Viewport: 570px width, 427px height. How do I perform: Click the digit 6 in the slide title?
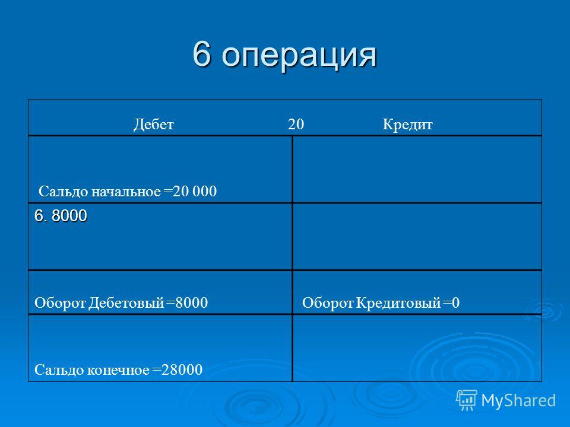[x=202, y=54]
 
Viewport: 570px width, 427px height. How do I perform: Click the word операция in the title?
[x=299, y=57]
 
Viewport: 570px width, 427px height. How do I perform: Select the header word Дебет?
[x=153, y=125]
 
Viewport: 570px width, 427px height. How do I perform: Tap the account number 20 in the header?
[x=296, y=124]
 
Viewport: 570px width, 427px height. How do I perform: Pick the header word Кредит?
[x=407, y=125]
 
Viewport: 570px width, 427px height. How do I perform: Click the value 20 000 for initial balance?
[x=195, y=192]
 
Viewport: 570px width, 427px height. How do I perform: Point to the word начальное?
[x=125, y=192]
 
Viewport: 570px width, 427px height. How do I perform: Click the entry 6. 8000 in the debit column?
[x=61, y=216]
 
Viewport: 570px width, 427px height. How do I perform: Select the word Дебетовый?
[x=126, y=303]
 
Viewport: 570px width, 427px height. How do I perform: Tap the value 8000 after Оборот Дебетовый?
[x=192, y=303]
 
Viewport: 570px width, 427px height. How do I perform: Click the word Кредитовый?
[x=398, y=303]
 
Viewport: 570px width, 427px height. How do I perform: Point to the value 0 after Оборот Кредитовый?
[x=456, y=303]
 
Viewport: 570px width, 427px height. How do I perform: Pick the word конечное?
[x=118, y=370]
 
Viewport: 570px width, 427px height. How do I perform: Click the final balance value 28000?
[x=182, y=369]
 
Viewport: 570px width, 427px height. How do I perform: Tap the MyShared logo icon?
[x=467, y=400]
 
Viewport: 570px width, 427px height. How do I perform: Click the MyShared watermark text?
[x=518, y=400]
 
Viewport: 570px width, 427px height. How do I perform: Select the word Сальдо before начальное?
[x=64, y=192]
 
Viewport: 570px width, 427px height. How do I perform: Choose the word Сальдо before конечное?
[x=59, y=370]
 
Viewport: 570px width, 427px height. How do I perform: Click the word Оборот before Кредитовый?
[x=328, y=303]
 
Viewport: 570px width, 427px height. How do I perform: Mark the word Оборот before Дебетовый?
[x=60, y=303]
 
